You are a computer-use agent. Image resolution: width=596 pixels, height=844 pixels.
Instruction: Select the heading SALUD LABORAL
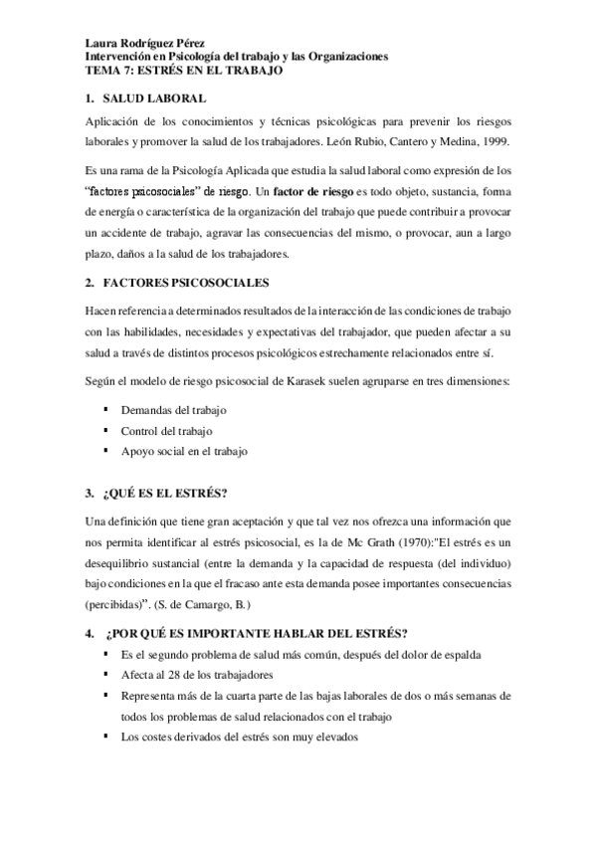[154, 98]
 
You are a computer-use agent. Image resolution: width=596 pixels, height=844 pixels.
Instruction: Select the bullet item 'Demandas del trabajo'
[174, 409]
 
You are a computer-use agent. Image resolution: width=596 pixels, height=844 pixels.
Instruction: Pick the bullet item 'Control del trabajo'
[165, 430]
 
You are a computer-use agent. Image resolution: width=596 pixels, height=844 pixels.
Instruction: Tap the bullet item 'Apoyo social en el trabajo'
[184, 451]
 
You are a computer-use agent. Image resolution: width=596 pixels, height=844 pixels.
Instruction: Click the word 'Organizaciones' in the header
[340, 58]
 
